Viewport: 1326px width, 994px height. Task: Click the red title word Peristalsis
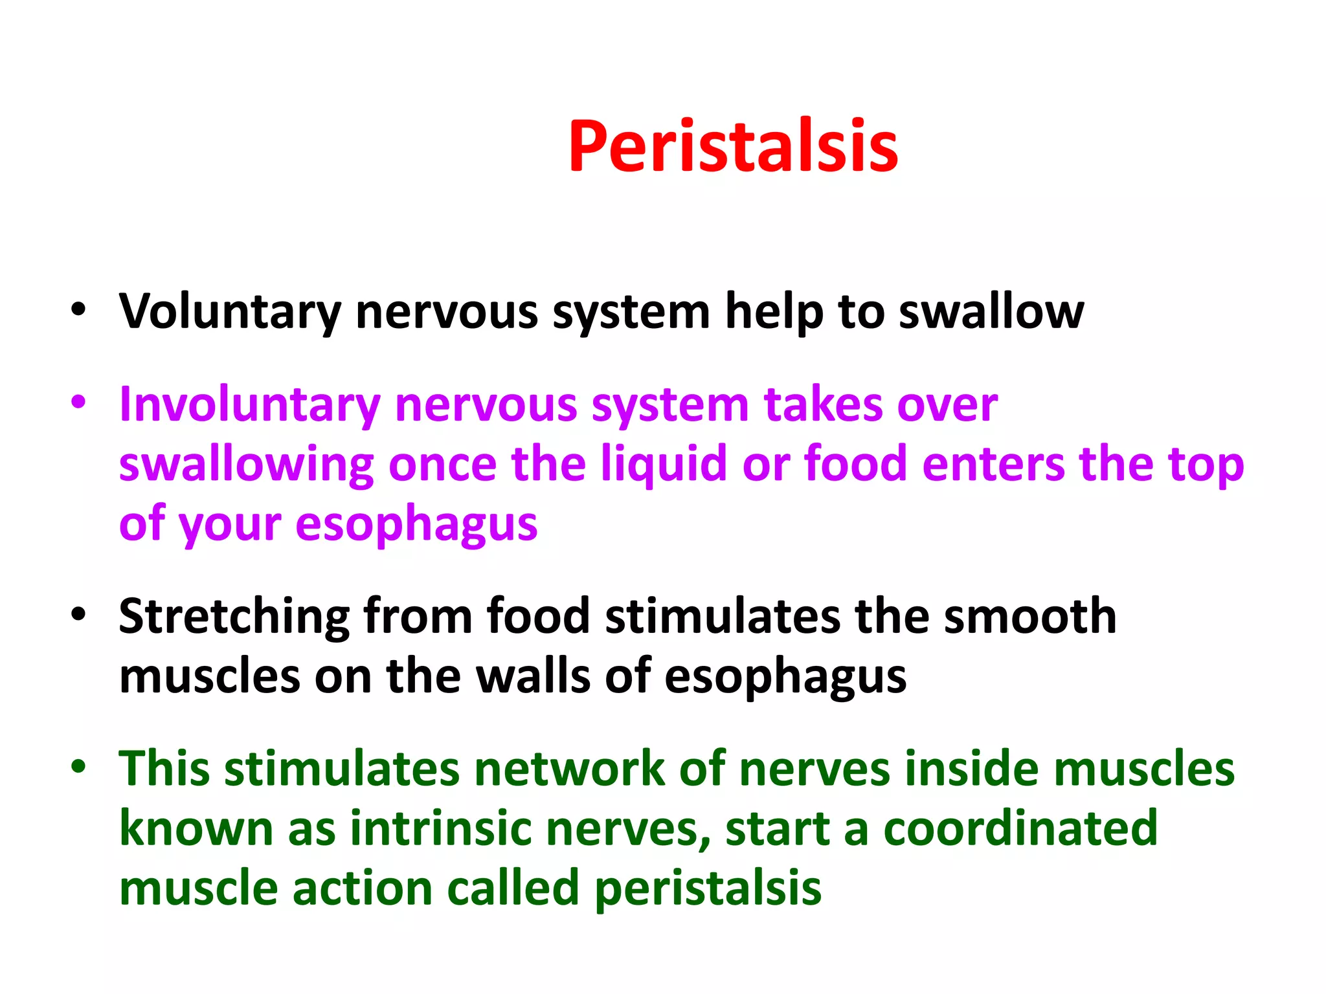point(733,148)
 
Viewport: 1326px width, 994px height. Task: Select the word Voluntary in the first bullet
point(230,313)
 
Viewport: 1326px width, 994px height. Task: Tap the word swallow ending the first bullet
point(991,313)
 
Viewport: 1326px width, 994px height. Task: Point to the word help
point(774,313)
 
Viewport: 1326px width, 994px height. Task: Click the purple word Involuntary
point(249,405)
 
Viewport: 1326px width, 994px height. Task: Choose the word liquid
point(664,465)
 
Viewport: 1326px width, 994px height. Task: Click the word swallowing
point(246,465)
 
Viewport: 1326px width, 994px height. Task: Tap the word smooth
point(1030,617)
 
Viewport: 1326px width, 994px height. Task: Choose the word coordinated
point(1020,829)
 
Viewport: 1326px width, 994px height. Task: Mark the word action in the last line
point(363,889)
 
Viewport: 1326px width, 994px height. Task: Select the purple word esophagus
point(416,524)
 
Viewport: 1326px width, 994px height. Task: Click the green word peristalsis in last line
point(708,889)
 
